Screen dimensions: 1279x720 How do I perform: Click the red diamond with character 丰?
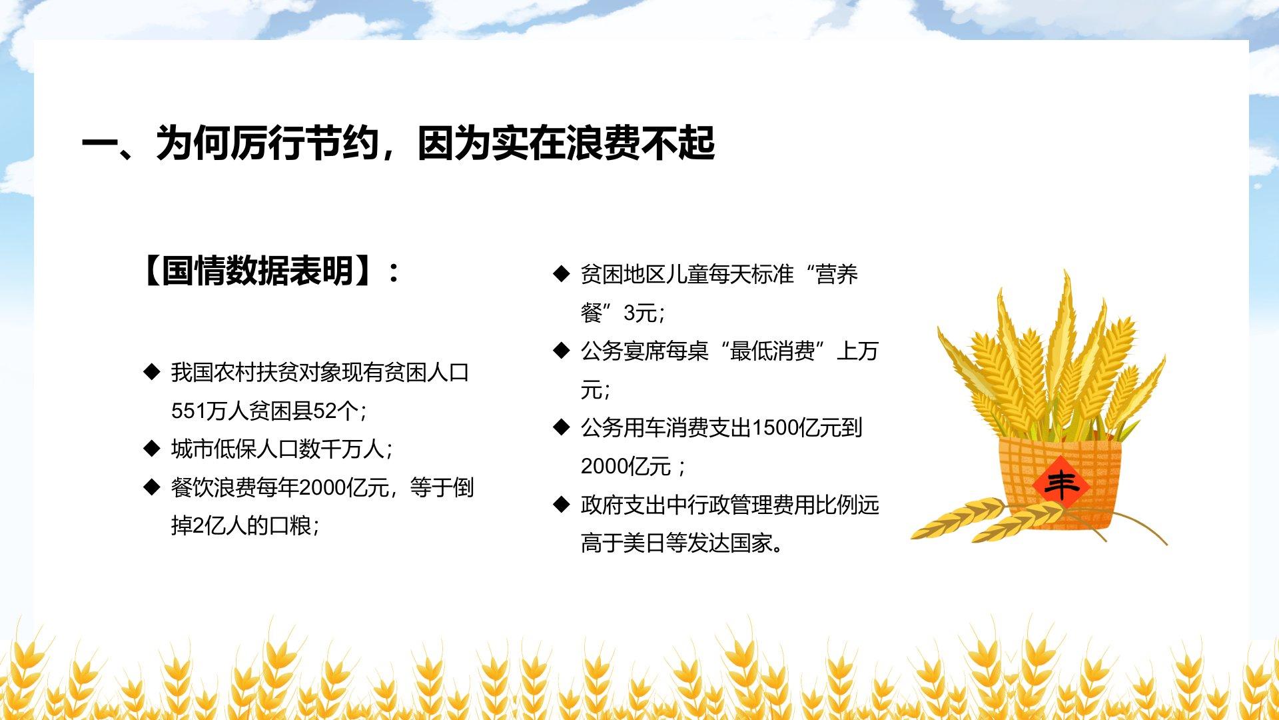click(x=1061, y=483)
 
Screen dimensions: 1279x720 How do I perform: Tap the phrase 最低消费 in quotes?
click(x=772, y=351)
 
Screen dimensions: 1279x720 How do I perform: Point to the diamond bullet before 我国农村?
click(x=152, y=371)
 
